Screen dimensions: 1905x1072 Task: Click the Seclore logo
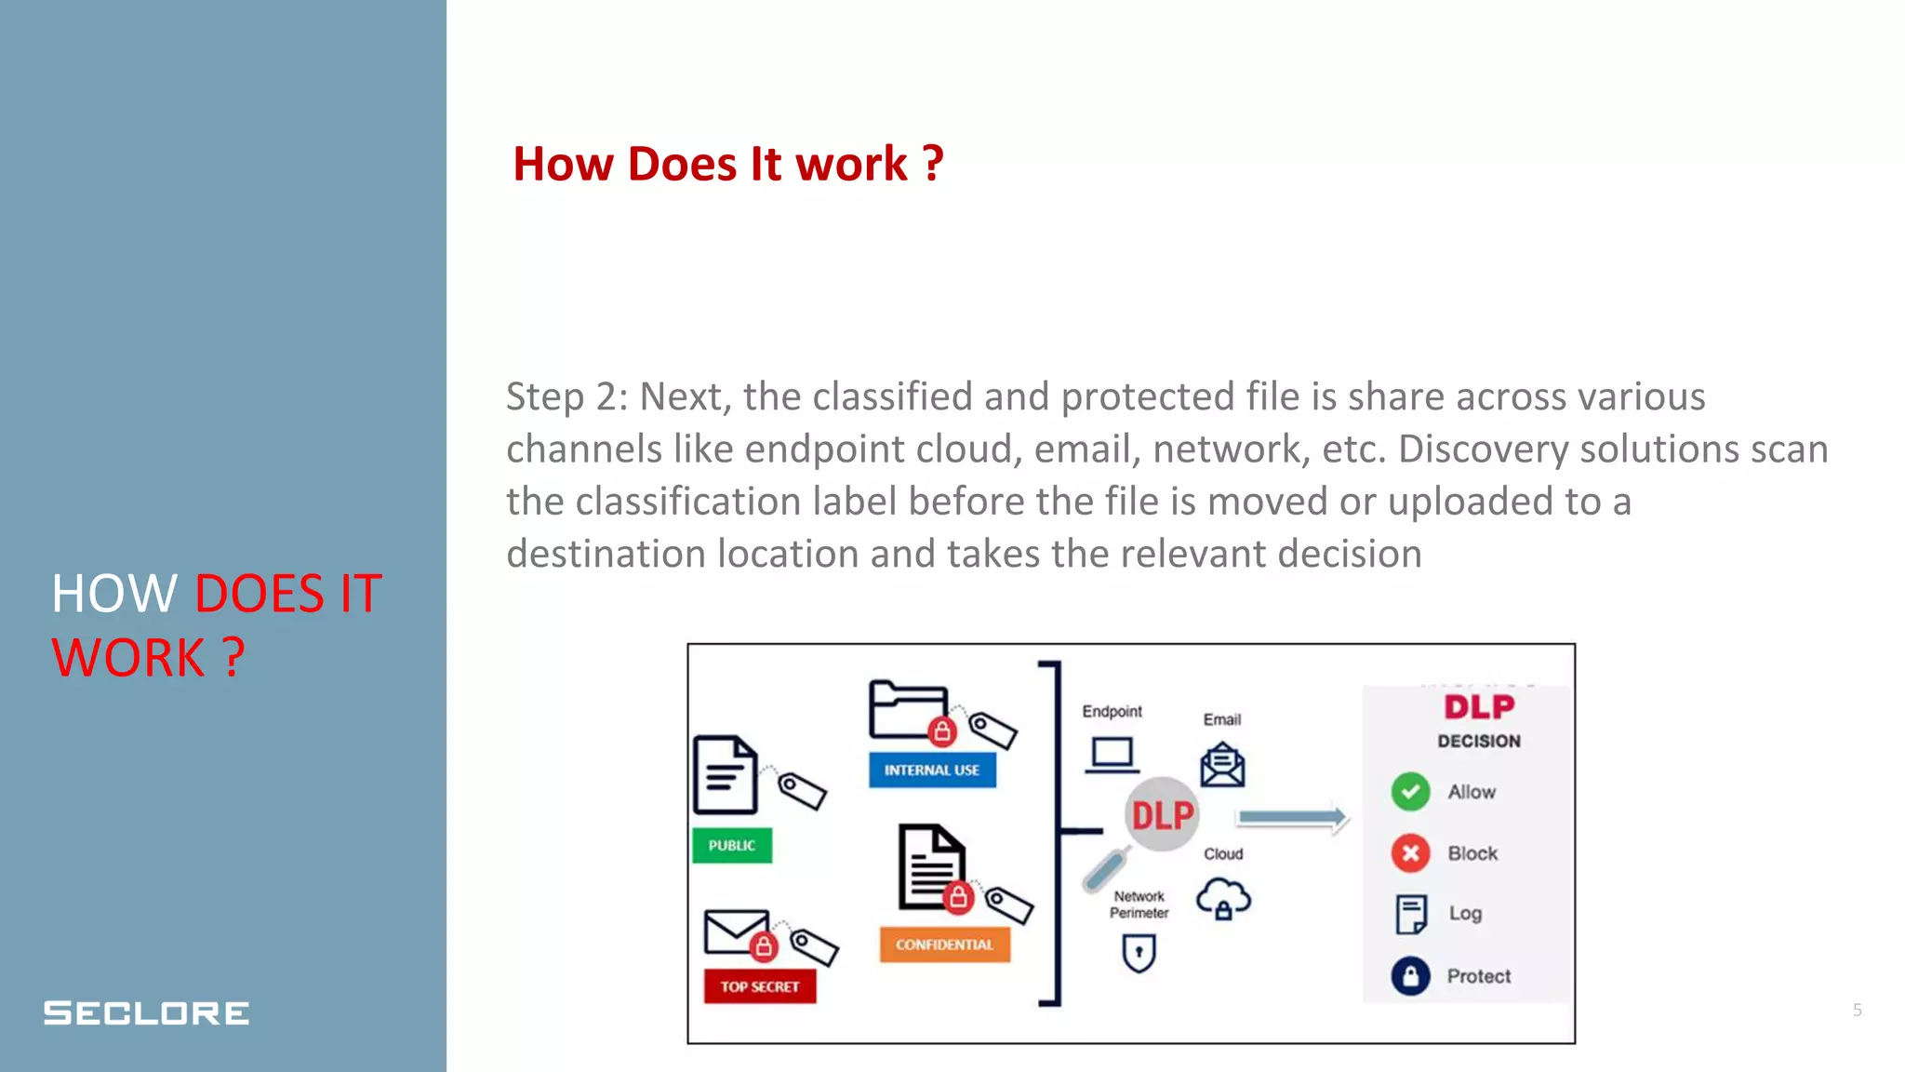pyautogui.click(x=146, y=1012)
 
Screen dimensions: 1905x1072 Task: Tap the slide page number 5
pyautogui.click(x=1857, y=1010)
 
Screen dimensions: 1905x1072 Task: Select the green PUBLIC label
pyautogui.click(x=732, y=845)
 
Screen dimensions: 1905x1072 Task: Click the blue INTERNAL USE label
pyautogui.click(x=932, y=770)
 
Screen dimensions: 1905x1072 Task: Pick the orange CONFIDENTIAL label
pyautogui.click(x=944, y=945)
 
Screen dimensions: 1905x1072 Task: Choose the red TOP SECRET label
pyautogui.click(x=759, y=986)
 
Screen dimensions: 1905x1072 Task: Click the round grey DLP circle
pyautogui.click(x=1162, y=815)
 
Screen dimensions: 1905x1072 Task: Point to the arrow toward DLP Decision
pyautogui.click(x=1292, y=818)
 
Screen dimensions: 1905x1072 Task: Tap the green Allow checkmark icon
pyautogui.click(x=1410, y=792)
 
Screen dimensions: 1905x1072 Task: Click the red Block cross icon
pyautogui.click(x=1410, y=853)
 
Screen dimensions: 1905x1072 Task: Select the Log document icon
pyautogui.click(x=1410, y=914)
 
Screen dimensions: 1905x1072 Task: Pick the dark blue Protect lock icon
pyautogui.click(x=1410, y=976)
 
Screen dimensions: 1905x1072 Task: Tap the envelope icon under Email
pyautogui.click(x=1222, y=765)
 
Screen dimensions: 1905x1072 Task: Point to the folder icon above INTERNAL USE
pyautogui.click(x=908, y=709)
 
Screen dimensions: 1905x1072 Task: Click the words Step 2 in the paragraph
pyautogui.click(x=562, y=397)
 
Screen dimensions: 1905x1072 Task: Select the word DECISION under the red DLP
pyautogui.click(x=1479, y=741)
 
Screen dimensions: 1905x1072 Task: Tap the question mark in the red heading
pyautogui.click(x=933, y=165)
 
